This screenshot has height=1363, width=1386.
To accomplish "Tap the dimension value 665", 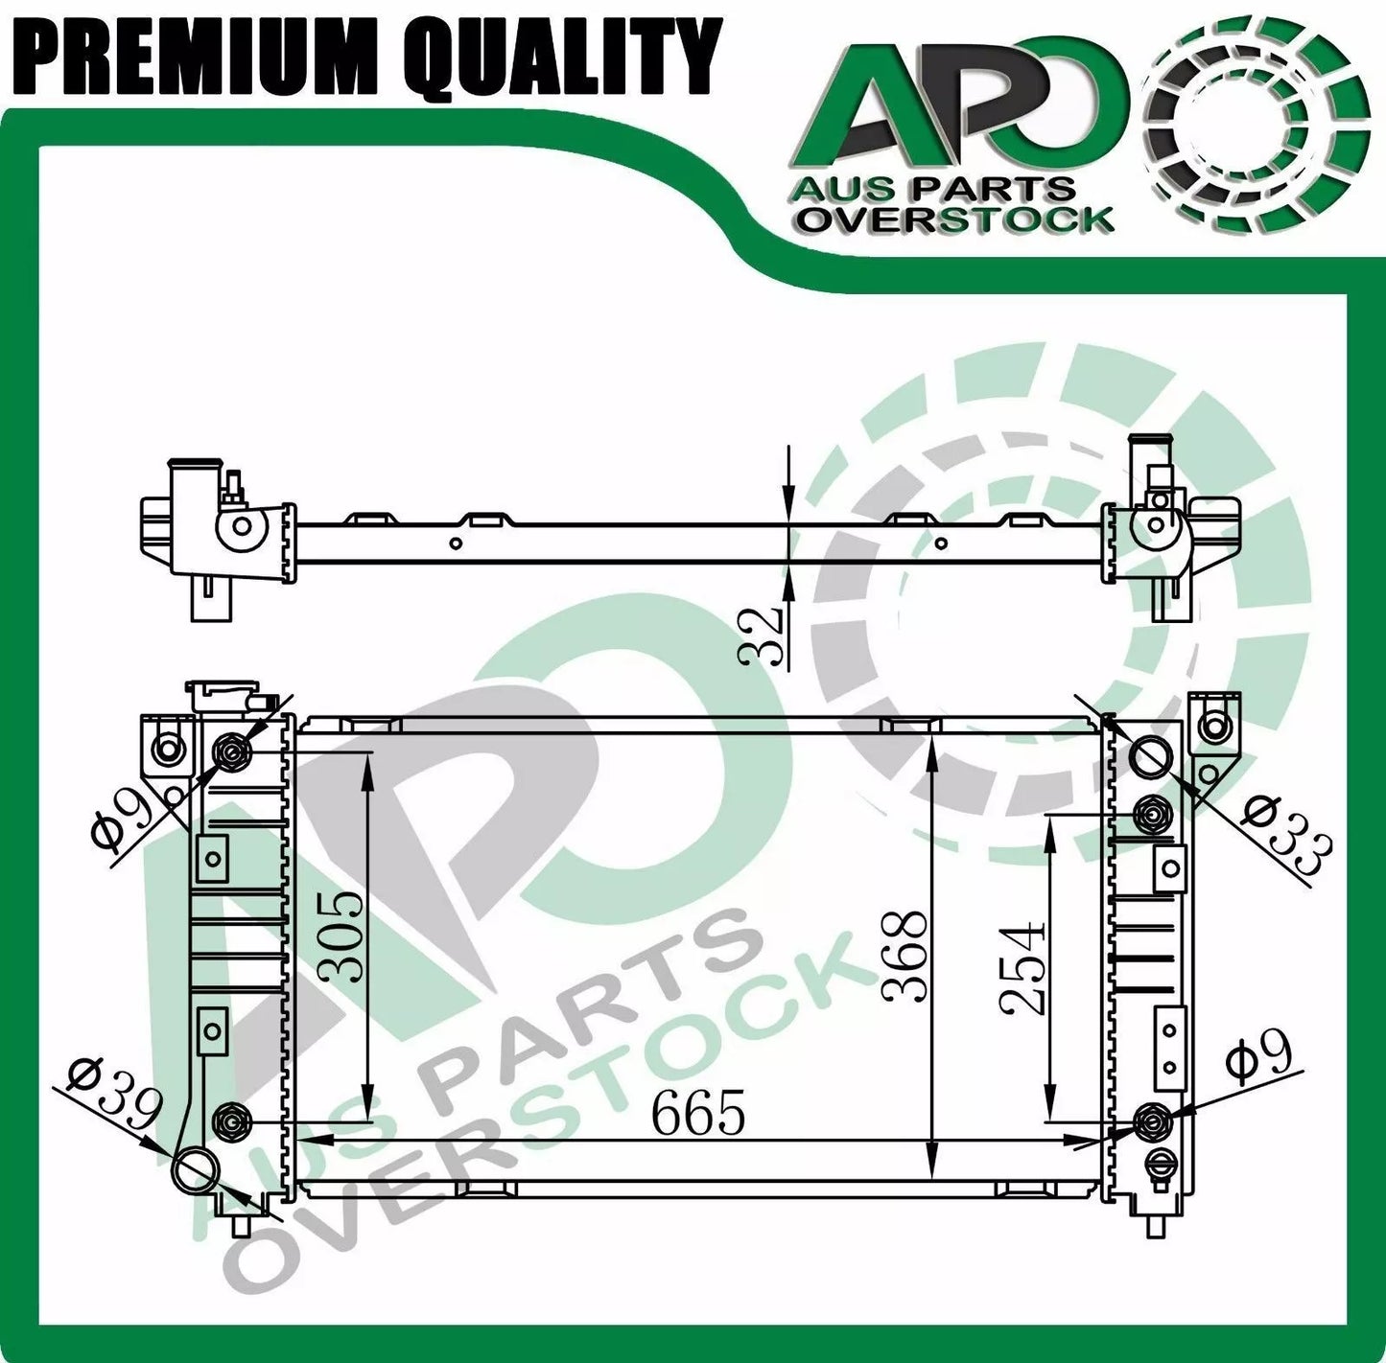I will tap(697, 1114).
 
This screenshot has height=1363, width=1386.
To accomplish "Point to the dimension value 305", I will tap(341, 936).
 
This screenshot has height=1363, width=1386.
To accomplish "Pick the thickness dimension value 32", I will tap(763, 635).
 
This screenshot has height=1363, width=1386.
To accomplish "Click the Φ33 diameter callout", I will tap(1287, 834).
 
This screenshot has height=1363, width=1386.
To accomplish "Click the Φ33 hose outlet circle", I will tap(1151, 756).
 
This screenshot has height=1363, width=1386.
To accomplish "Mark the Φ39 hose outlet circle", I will tap(196, 1169).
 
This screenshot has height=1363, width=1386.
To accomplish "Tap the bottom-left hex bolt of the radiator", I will tap(231, 1119).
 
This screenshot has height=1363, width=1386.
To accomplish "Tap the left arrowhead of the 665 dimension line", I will tap(317, 1141).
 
